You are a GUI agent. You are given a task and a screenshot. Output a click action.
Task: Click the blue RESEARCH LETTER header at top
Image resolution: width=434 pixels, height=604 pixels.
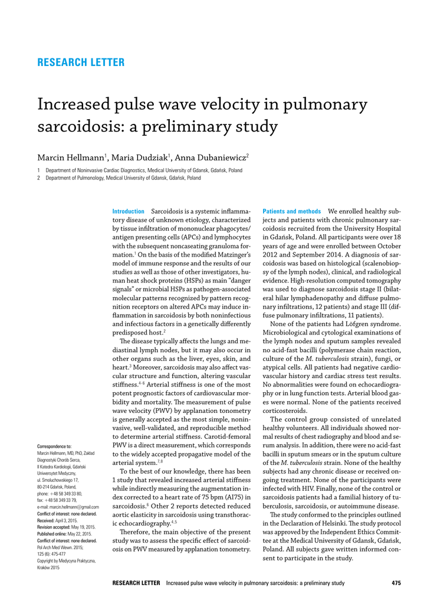point(81,63)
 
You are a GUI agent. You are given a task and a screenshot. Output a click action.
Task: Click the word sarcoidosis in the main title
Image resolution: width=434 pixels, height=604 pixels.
point(76,126)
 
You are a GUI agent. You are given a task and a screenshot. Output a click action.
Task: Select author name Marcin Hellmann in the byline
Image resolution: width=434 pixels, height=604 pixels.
point(71,157)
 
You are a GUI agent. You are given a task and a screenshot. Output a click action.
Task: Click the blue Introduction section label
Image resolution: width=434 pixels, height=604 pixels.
point(128,211)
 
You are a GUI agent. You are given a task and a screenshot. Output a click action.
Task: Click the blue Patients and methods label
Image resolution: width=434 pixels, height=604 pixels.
point(291,211)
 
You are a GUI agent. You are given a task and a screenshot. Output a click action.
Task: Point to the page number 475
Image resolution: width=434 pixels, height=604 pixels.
point(396,583)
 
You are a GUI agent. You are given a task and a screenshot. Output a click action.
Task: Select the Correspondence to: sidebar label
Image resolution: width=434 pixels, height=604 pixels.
point(54,447)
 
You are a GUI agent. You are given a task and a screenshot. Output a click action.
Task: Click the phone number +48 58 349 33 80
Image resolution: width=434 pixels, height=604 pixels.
point(70,493)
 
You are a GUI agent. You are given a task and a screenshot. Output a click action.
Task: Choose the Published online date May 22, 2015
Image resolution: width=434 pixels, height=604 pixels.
point(82,534)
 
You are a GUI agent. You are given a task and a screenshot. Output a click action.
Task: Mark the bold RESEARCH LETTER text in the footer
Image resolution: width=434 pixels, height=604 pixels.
point(136,583)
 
